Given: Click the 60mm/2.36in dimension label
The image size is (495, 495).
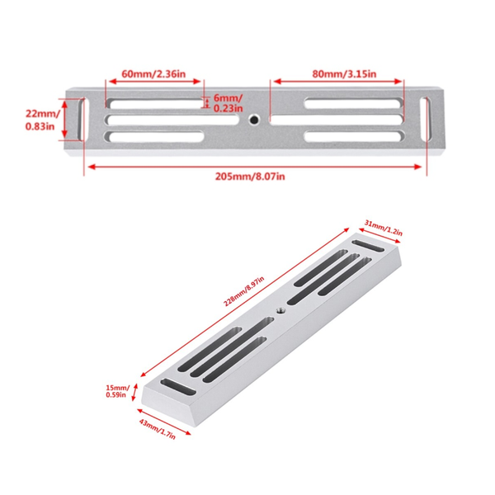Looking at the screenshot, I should point(155,73).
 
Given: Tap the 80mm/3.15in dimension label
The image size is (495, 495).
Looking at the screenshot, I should point(338,73).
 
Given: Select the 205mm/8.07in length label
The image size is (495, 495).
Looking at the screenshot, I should point(253,176).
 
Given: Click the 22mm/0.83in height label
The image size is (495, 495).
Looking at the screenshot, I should point(37,120).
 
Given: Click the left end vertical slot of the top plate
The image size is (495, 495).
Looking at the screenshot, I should point(82,120).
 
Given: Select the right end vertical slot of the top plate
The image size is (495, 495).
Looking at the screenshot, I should point(427,120).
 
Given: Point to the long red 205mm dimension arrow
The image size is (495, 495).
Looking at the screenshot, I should point(253,166).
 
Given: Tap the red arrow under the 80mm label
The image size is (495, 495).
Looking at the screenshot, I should point(337,81).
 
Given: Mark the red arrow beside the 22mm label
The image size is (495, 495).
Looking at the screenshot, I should point(59,120).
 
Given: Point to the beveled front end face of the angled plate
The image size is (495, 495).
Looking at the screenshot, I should point(169,412).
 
